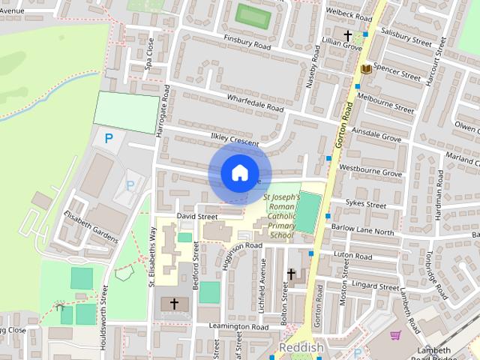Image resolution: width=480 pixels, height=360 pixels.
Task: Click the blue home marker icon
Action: pyautogui.click(x=239, y=172)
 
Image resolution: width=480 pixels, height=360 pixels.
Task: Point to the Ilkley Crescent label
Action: pyautogui.click(x=234, y=139)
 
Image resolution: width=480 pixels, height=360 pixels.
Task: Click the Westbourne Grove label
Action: pyautogui.click(x=370, y=172)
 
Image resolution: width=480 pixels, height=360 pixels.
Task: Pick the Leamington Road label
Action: pyautogui.click(x=238, y=327)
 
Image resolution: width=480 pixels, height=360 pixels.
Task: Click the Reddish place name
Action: pyautogui.click(x=300, y=349)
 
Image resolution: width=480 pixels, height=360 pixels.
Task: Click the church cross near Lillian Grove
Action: pyautogui.click(x=347, y=35)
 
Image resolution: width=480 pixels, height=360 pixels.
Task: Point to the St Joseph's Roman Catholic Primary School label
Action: pyautogui.click(x=281, y=216)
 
